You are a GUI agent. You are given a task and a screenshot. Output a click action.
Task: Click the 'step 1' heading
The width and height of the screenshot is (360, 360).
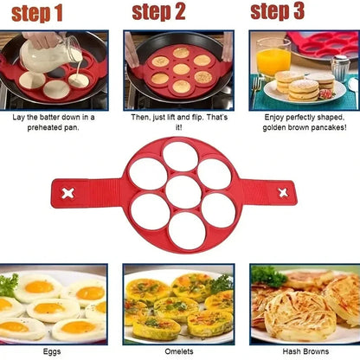pyautogui.click(x=36, y=14)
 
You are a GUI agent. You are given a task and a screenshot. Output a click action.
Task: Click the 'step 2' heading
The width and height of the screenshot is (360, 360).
pyautogui.click(x=159, y=12)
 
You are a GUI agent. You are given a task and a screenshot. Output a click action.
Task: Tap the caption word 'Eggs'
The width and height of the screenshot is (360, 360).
pyautogui.click(x=54, y=352)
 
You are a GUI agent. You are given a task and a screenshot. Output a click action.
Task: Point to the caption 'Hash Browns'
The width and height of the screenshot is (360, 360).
pyautogui.click(x=305, y=352)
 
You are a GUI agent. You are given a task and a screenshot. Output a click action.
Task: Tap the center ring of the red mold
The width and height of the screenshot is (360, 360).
pyautogui.click(x=180, y=192)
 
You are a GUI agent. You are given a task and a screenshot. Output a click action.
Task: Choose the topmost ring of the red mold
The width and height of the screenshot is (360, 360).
pyautogui.click(x=180, y=157)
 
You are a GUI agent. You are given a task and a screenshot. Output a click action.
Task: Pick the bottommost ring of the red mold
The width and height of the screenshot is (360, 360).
pyautogui.click(x=180, y=229)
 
